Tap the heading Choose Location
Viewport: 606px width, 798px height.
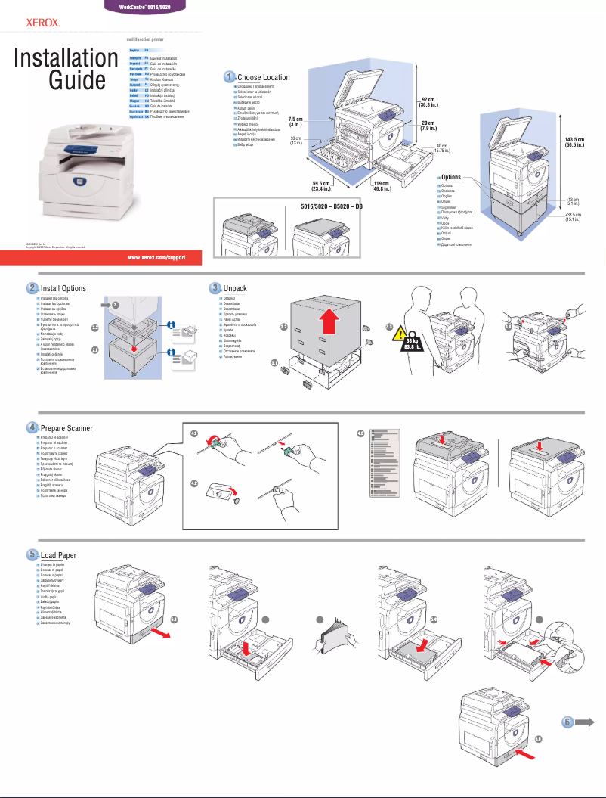(263, 77)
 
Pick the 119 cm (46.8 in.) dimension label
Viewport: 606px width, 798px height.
(380, 186)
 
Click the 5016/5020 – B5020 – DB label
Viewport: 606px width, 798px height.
(327, 206)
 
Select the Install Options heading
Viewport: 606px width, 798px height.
(63, 288)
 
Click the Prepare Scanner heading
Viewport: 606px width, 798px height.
(66, 428)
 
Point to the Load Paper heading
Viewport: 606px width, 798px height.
(58, 556)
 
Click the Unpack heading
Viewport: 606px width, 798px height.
(235, 288)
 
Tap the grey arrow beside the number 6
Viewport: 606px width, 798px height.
(586, 722)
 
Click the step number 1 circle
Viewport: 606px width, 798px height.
(229, 77)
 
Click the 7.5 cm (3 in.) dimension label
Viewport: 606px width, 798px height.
(295, 122)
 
